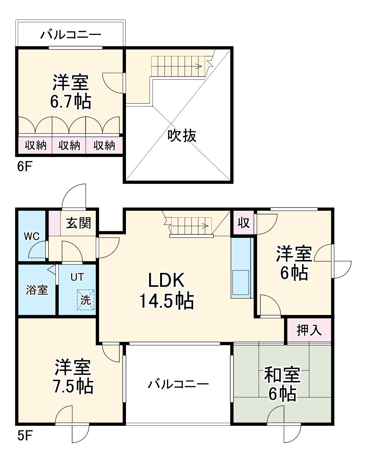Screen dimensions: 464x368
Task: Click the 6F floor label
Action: pos(24,167)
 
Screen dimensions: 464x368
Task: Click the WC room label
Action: pos(31,236)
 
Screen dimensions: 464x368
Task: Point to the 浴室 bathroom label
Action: pos(37,290)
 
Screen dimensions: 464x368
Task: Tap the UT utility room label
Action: pos(77,277)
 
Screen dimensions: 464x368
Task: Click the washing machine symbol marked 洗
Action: pos(86,300)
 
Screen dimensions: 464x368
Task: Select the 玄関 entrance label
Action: pos(78,223)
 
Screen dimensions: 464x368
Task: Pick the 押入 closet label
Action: pos(309,330)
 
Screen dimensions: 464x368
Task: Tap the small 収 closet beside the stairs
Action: pos(243,223)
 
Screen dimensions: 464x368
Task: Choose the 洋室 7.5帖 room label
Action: pos(73,377)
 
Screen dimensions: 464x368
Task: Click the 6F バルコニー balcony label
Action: pos(71,35)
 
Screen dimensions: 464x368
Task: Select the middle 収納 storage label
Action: pos(69,145)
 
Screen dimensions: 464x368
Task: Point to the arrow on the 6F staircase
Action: pos(199,66)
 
